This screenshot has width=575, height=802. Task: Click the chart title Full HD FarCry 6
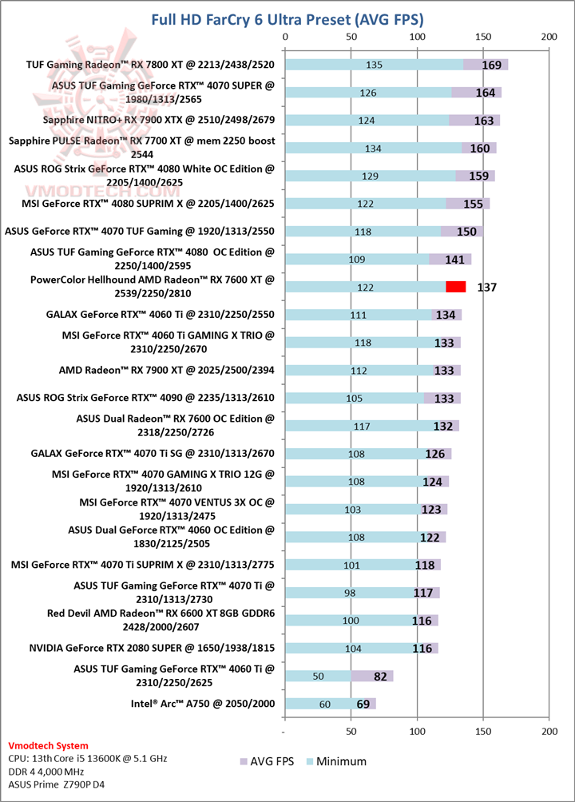click(x=287, y=18)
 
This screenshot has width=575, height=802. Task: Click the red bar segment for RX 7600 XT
click(x=455, y=287)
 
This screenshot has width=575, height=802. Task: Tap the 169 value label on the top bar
click(x=492, y=65)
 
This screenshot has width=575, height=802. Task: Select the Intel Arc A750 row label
click(x=204, y=704)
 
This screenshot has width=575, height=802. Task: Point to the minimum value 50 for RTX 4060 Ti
click(x=318, y=676)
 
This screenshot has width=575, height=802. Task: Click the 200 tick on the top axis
click(x=549, y=37)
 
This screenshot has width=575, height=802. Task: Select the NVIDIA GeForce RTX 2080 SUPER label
click(x=152, y=648)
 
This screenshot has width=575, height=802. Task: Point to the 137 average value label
click(x=486, y=287)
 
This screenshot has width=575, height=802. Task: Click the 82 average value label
click(x=380, y=676)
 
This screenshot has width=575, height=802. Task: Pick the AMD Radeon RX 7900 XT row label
click(x=167, y=370)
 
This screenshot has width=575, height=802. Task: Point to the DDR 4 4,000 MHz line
click(x=48, y=771)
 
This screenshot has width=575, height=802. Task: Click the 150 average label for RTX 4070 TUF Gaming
click(x=466, y=232)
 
